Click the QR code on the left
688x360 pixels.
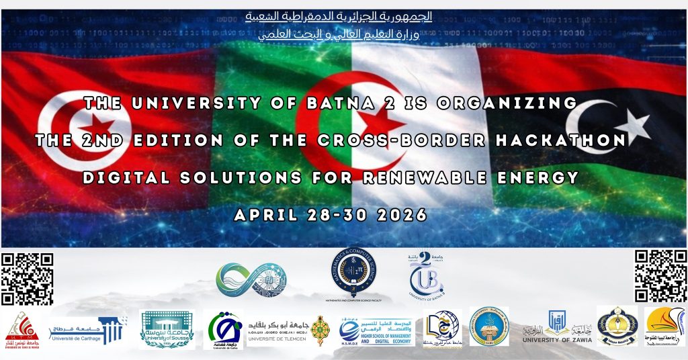click(27, 278)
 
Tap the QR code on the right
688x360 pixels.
click(661, 275)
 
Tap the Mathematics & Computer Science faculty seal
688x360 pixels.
click(354, 271)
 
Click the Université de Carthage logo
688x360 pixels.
click(89, 330)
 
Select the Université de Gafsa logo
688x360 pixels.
click(223, 330)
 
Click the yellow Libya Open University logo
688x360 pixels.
click(665, 327)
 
